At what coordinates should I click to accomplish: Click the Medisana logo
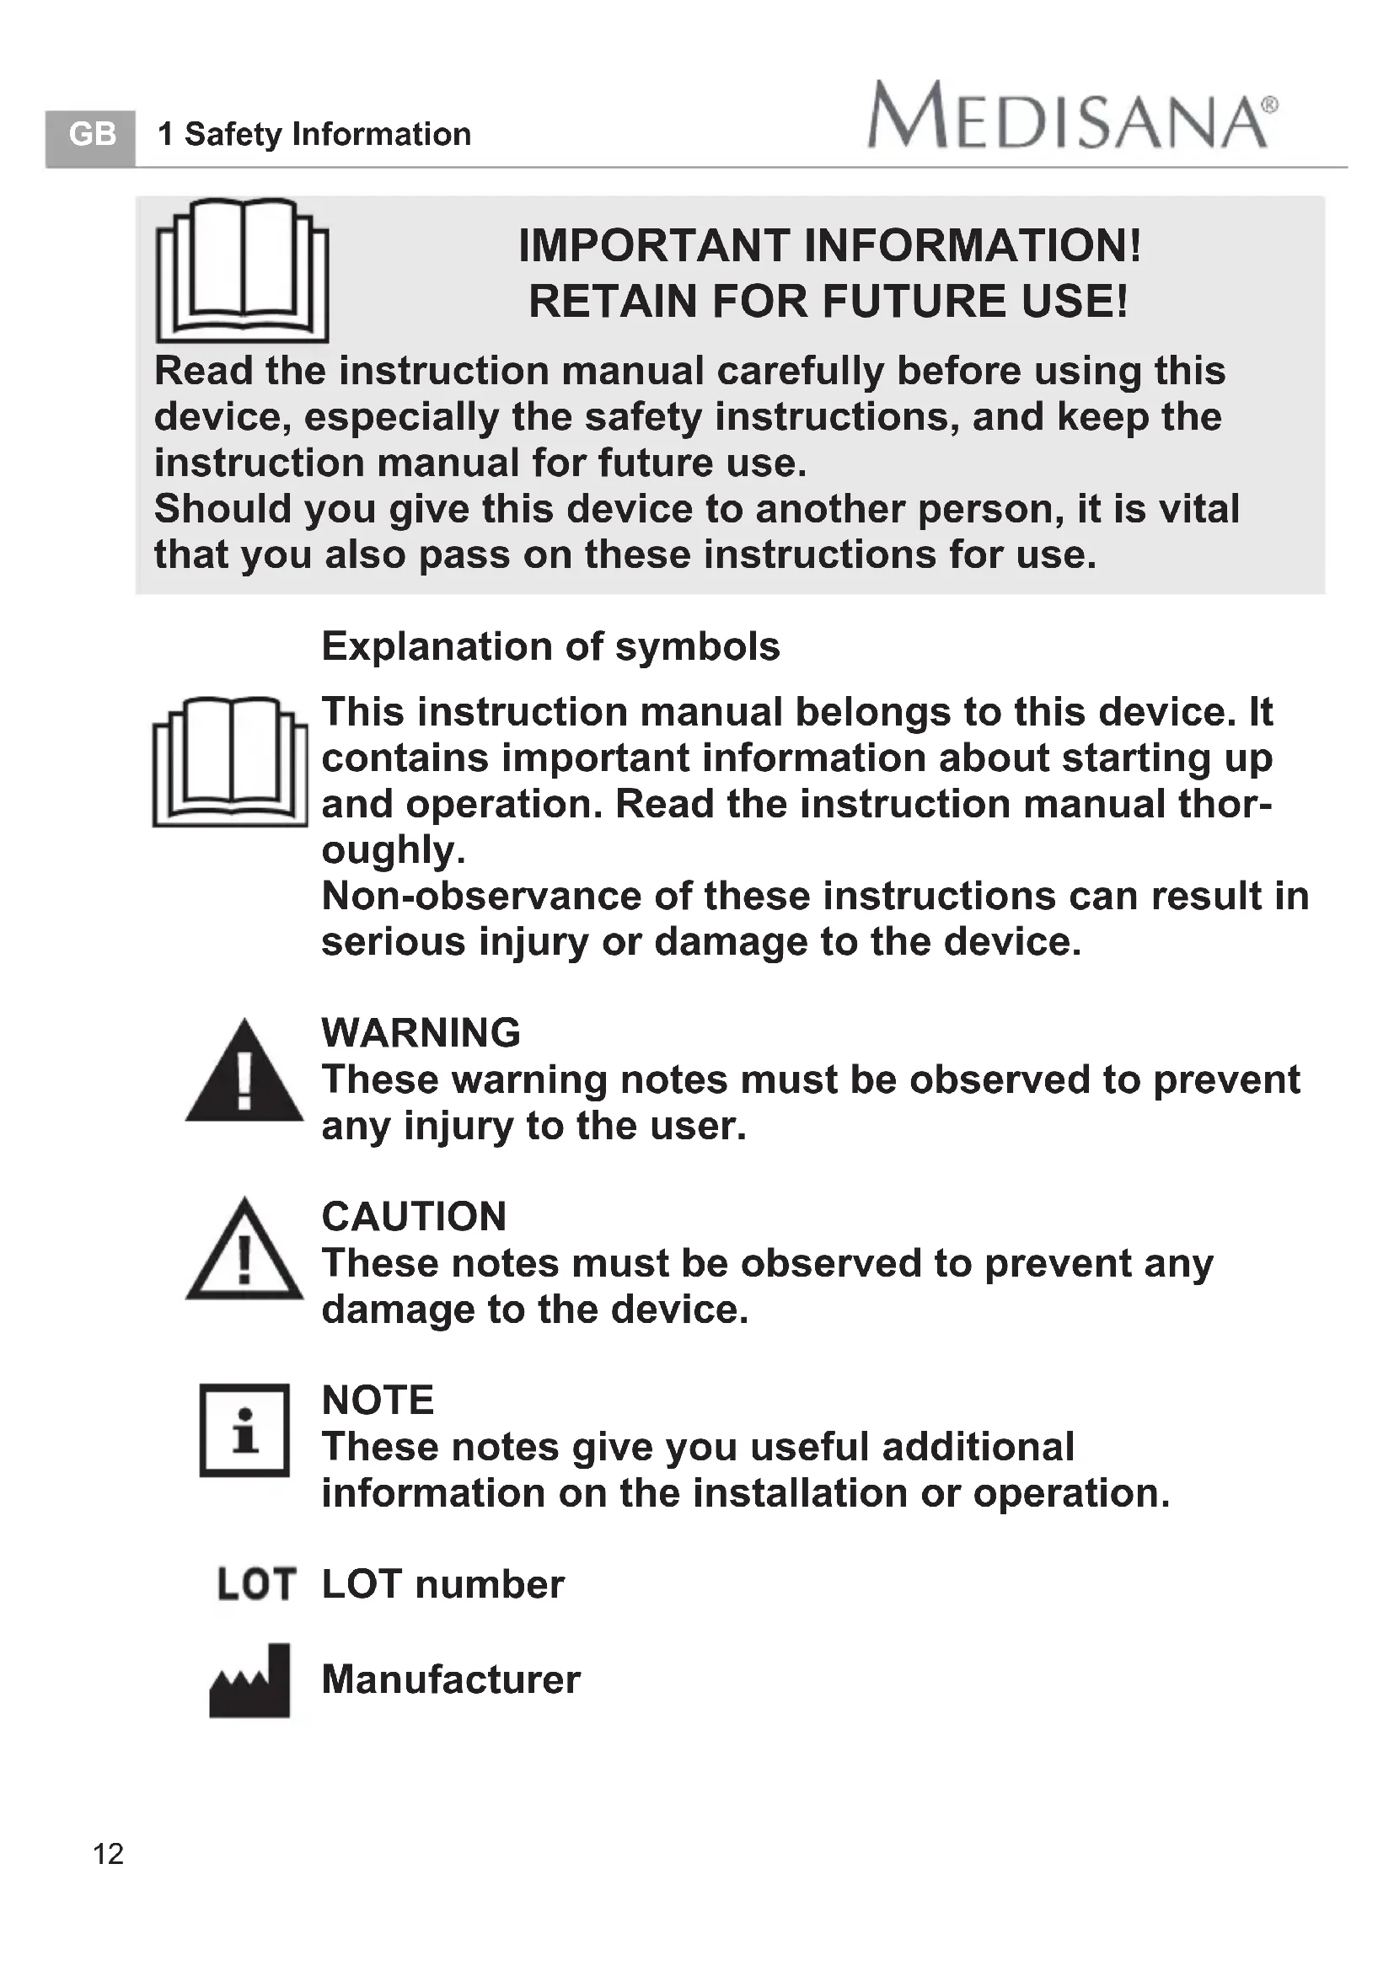[1072, 115]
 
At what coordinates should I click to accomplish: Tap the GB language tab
[91, 136]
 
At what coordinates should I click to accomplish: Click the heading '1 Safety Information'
[314, 135]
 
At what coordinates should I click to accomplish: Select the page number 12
[108, 1854]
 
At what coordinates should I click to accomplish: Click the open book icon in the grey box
[242, 270]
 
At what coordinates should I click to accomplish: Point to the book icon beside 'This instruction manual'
[230, 763]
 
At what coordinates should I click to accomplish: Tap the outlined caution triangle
[244, 1251]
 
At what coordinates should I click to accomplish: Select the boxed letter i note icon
[244, 1430]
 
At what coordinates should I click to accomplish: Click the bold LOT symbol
[257, 1585]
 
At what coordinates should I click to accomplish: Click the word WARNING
[421, 1033]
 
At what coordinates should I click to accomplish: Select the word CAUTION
[414, 1217]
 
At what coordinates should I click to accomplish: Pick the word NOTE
[378, 1401]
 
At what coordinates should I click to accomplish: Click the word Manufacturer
[451, 1679]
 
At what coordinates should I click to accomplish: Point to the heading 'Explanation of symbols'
[550, 646]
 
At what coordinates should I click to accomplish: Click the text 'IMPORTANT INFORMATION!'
[829, 245]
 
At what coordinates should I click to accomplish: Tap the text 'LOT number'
[443, 1585]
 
